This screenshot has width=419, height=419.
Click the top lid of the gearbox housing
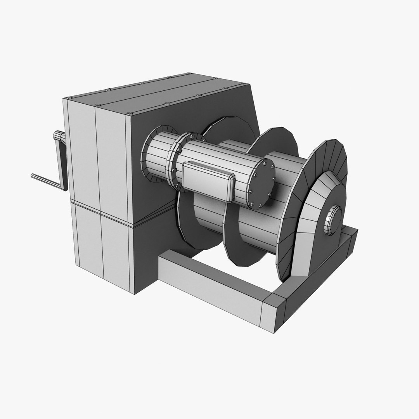(x=155, y=93)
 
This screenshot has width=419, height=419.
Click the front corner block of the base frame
(x=274, y=314)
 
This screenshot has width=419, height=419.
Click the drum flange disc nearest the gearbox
(x=190, y=225)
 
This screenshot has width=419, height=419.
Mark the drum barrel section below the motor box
(x=206, y=217)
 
